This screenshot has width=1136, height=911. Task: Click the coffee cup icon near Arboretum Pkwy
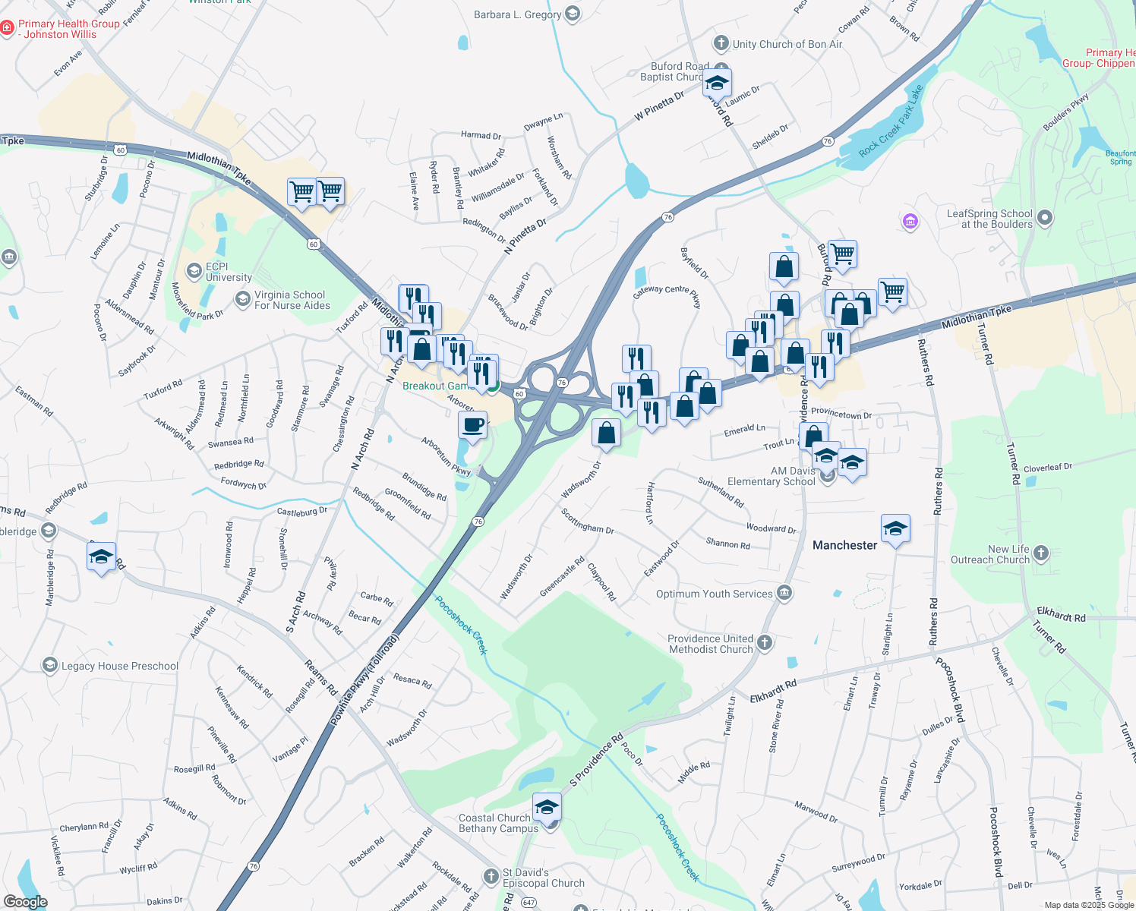click(472, 425)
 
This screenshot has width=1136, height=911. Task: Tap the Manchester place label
click(844, 545)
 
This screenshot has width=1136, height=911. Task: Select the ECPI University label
click(228, 272)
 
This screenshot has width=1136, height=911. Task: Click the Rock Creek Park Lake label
click(891, 121)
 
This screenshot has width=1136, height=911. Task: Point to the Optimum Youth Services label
click(714, 594)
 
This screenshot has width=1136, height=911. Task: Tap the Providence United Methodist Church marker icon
click(765, 643)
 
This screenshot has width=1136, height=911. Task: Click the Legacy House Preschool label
click(120, 666)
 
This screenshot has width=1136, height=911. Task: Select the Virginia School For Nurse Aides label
click(292, 300)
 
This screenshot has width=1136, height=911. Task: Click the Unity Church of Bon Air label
click(787, 44)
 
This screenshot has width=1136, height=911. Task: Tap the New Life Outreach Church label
click(989, 554)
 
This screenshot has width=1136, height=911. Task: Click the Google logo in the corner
click(25, 902)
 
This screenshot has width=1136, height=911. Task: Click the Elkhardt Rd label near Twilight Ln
click(774, 692)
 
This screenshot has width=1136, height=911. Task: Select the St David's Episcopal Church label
click(544, 878)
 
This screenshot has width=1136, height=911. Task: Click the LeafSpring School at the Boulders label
click(989, 219)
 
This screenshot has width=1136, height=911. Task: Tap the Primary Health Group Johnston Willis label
click(68, 29)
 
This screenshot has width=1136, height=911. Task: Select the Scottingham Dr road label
click(587, 521)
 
